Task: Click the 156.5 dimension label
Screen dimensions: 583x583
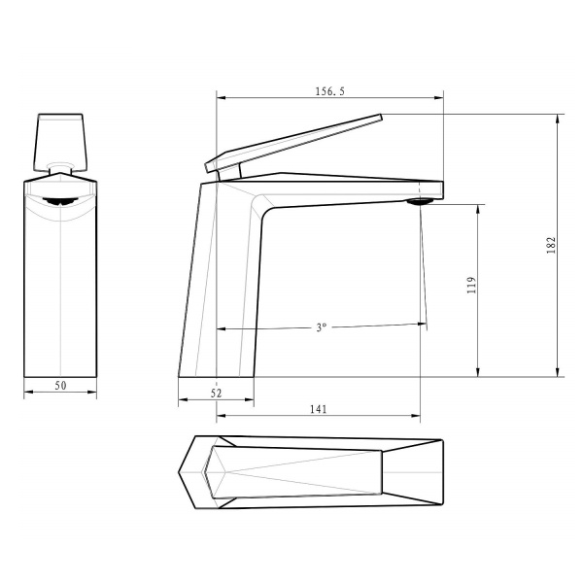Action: click(x=329, y=91)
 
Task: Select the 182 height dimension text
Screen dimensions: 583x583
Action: click(x=551, y=245)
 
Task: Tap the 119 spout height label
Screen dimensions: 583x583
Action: click(x=471, y=285)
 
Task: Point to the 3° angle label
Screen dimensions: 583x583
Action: click(x=322, y=327)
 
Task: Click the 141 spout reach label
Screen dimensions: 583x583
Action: click(x=319, y=409)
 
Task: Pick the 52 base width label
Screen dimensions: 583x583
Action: click(x=216, y=393)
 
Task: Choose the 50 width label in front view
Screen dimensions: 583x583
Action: click(x=60, y=385)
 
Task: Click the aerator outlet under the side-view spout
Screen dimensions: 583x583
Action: click(x=420, y=201)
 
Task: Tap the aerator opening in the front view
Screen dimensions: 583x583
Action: click(x=60, y=201)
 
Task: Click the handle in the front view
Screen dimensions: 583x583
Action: click(x=60, y=142)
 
